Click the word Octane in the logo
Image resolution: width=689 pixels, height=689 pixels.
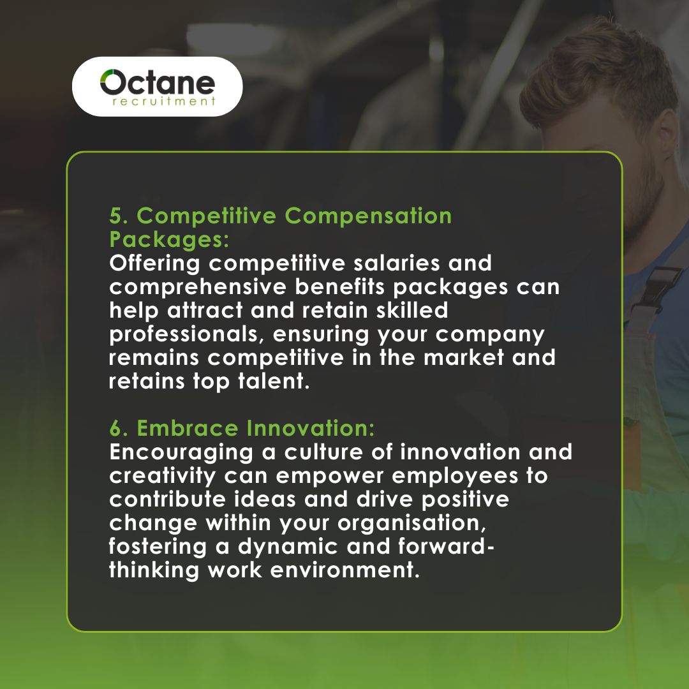coord(158,84)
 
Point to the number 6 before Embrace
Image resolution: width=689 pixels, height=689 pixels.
coord(116,428)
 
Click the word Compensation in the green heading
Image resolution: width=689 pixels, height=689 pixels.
coord(368,216)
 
